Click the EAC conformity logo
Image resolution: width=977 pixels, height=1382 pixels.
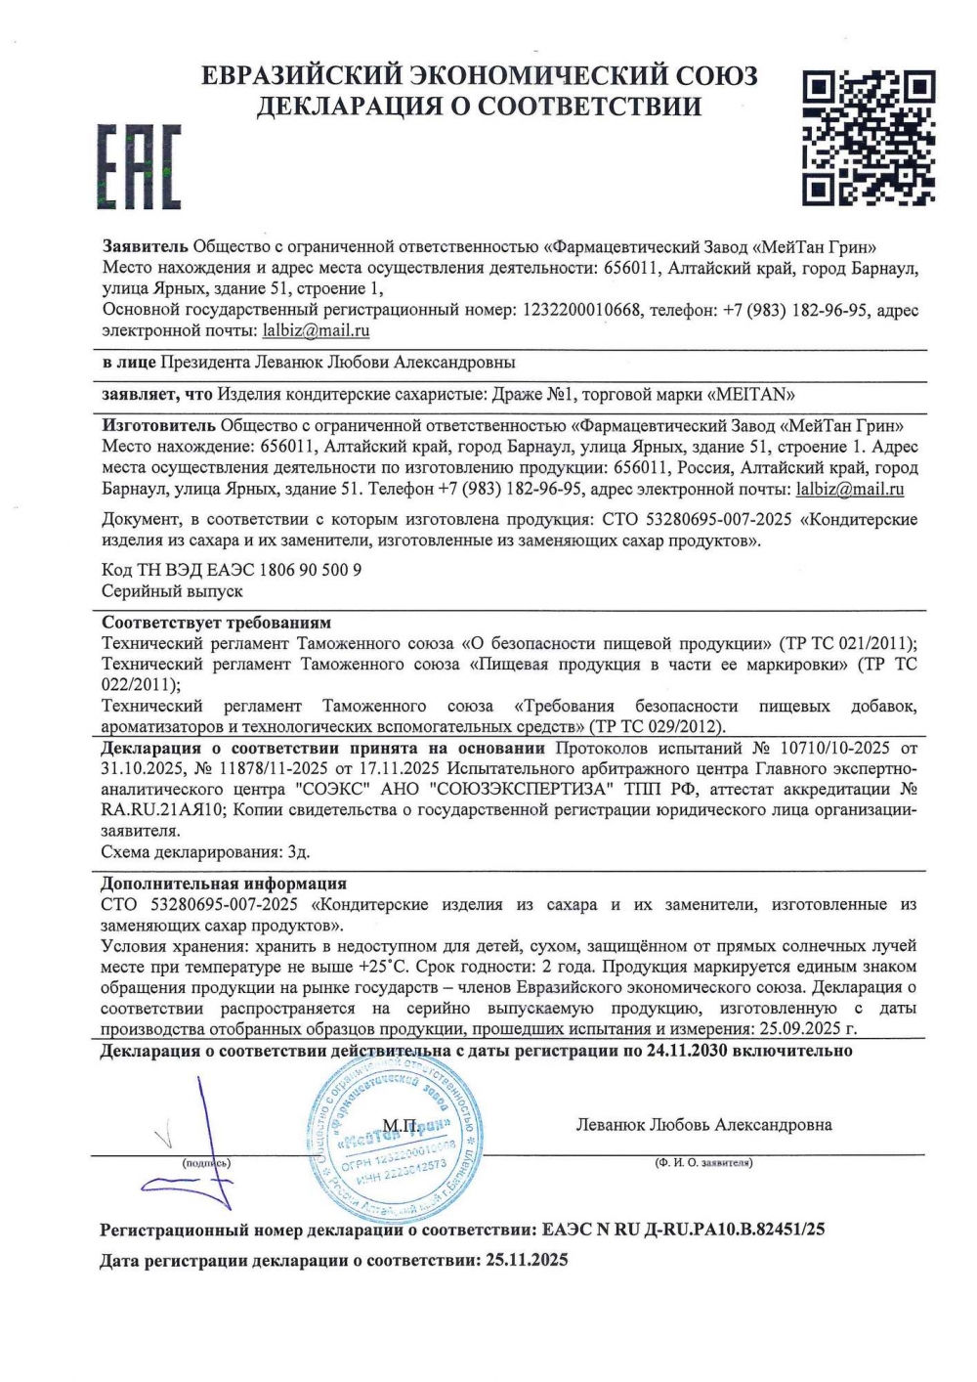(x=140, y=168)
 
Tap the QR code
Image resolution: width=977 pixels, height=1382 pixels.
(x=868, y=138)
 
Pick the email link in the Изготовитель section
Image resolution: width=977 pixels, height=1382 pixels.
(x=849, y=489)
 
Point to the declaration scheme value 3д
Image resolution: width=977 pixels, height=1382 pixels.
(x=299, y=851)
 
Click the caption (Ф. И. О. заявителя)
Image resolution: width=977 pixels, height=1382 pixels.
(x=703, y=1163)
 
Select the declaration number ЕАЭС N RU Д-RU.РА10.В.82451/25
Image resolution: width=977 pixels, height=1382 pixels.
(x=683, y=1229)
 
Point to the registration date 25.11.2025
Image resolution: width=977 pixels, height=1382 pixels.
(x=526, y=1260)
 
